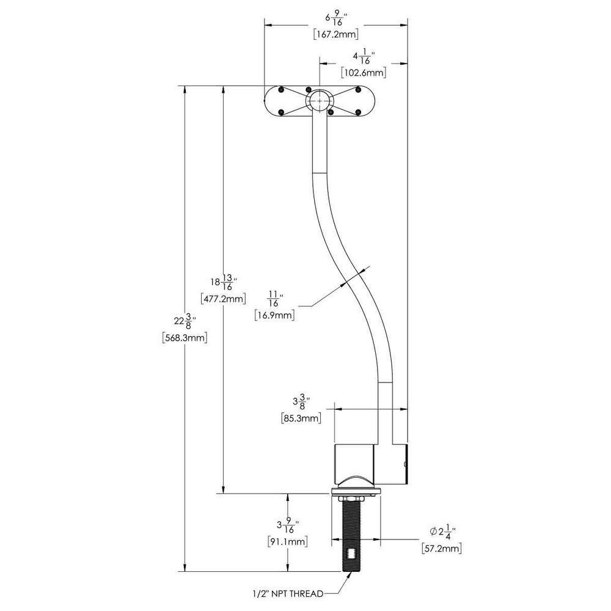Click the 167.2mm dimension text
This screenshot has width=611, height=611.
click(335, 34)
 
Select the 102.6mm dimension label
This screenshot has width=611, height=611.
click(364, 73)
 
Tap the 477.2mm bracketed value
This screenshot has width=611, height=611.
click(223, 299)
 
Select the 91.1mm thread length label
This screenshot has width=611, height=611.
click(287, 541)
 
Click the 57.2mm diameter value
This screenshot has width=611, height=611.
click(441, 549)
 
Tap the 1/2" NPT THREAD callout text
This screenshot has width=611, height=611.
click(287, 593)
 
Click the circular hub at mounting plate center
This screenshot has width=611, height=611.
click(319, 100)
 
